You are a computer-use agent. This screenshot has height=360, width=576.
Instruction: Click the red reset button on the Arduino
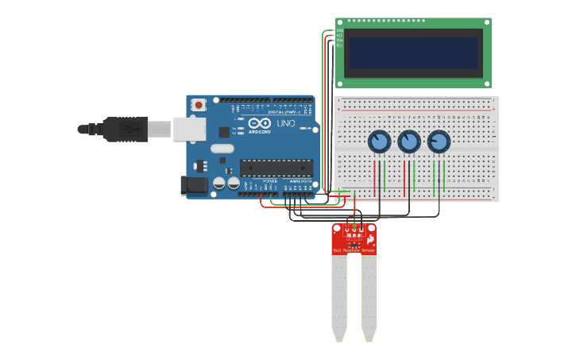[x=198, y=104]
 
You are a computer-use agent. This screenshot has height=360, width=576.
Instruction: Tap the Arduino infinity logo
[x=260, y=124]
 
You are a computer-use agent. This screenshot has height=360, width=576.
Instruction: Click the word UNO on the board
[x=285, y=124]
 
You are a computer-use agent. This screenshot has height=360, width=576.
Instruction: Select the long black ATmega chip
[x=276, y=168]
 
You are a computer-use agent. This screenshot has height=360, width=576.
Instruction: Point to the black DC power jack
[x=193, y=186]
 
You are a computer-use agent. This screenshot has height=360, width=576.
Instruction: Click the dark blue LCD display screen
[x=413, y=53]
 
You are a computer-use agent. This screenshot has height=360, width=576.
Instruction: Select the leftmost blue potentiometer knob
[x=379, y=141]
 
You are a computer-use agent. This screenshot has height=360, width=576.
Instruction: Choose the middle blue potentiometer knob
[x=408, y=141]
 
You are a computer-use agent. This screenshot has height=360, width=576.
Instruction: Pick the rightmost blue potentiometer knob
[x=439, y=141]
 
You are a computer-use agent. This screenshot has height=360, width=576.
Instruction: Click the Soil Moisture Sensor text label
[x=354, y=250]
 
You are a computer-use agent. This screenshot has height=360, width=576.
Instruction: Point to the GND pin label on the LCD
[x=339, y=31]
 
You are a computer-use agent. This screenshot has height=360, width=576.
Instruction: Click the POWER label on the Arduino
[x=269, y=181]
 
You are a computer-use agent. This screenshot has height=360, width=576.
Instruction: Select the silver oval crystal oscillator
[x=222, y=149]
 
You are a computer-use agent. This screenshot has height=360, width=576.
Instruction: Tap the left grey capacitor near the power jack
[x=218, y=184]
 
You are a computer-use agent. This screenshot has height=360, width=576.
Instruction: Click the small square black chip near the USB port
[x=224, y=133]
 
